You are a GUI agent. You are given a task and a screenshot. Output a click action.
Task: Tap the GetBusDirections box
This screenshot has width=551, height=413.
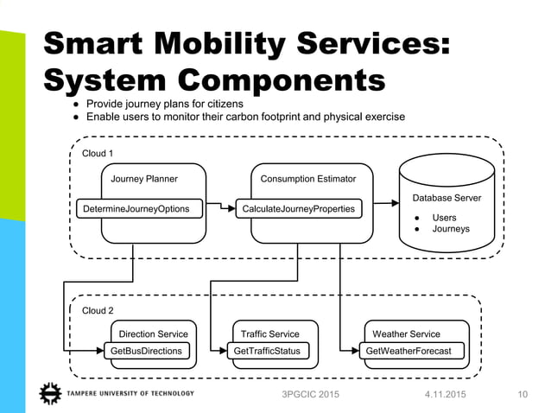146,352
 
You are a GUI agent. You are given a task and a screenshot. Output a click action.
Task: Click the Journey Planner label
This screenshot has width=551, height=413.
144,179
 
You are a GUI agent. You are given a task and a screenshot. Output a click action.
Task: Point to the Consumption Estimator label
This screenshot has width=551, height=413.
308,179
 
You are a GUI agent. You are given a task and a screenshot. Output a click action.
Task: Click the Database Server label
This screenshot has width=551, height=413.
447,199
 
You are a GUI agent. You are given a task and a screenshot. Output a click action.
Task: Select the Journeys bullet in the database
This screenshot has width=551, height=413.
450,229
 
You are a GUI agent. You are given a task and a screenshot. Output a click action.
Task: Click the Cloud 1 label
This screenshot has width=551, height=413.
98,153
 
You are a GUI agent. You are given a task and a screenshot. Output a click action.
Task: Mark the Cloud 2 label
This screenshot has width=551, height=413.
98,311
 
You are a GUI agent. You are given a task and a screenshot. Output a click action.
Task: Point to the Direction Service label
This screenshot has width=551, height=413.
153,334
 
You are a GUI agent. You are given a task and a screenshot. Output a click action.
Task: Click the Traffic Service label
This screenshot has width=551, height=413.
270,334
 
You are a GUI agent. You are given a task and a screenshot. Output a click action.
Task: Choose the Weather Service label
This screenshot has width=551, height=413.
406,334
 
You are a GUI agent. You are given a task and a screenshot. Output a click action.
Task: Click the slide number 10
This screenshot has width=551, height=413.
522,395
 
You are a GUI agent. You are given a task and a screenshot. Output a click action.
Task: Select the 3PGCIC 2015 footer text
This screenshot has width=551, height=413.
305,395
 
